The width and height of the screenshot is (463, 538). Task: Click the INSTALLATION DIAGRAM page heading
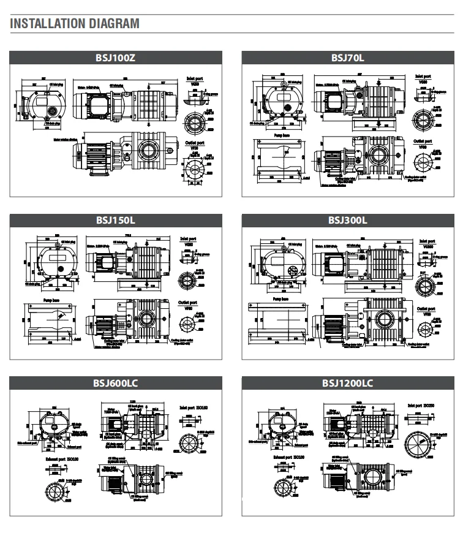pyautogui.click(x=75, y=24)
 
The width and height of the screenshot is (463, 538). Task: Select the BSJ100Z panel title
pyautogui.click(x=116, y=58)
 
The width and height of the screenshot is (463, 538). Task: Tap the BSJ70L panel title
pyautogui.click(x=347, y=58)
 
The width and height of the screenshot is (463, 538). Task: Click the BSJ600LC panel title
pyautogui.click(x=116, y=384)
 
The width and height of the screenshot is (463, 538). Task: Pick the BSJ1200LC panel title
pyautogui.click(x=347, y=384)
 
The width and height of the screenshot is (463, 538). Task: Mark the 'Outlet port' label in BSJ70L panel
pyautogui.click(x=422, y=142)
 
